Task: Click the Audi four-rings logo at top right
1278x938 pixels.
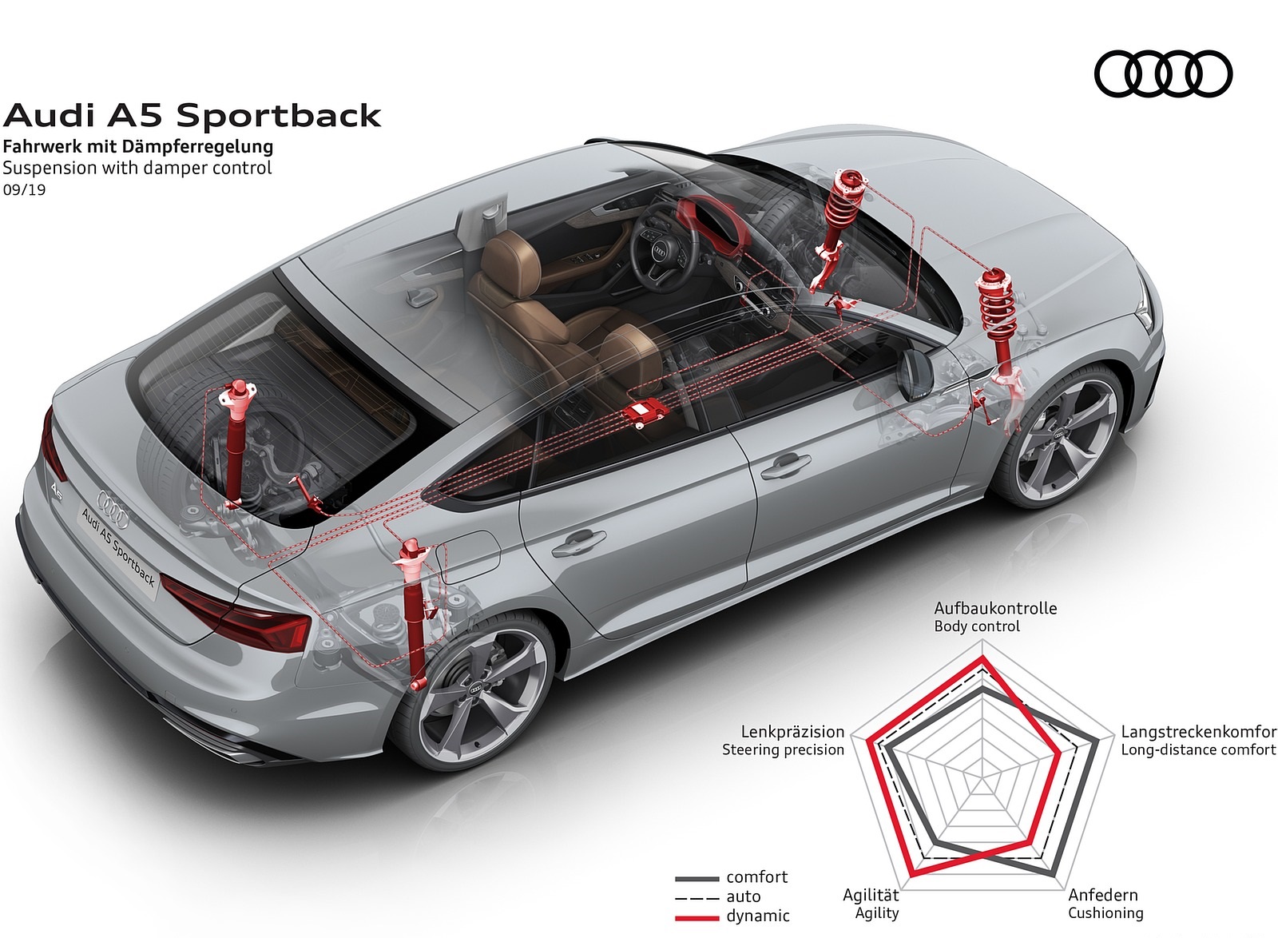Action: [1163, 74]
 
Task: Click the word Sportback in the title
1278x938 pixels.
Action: [278, 116]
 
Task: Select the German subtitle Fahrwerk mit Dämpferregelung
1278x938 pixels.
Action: [137, 146]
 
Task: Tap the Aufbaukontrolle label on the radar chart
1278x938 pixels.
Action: [995, 608]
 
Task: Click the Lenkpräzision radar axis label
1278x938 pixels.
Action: [792, 731]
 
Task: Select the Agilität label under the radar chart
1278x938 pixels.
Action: [871, 895]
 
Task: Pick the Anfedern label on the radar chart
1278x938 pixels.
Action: [1103, 895]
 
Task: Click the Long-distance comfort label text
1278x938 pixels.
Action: [1198, 749]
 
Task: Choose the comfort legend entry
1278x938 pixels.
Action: [756, 877]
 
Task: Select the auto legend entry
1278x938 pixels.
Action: [743, 896]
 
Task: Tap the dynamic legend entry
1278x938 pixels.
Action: [757, 916]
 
